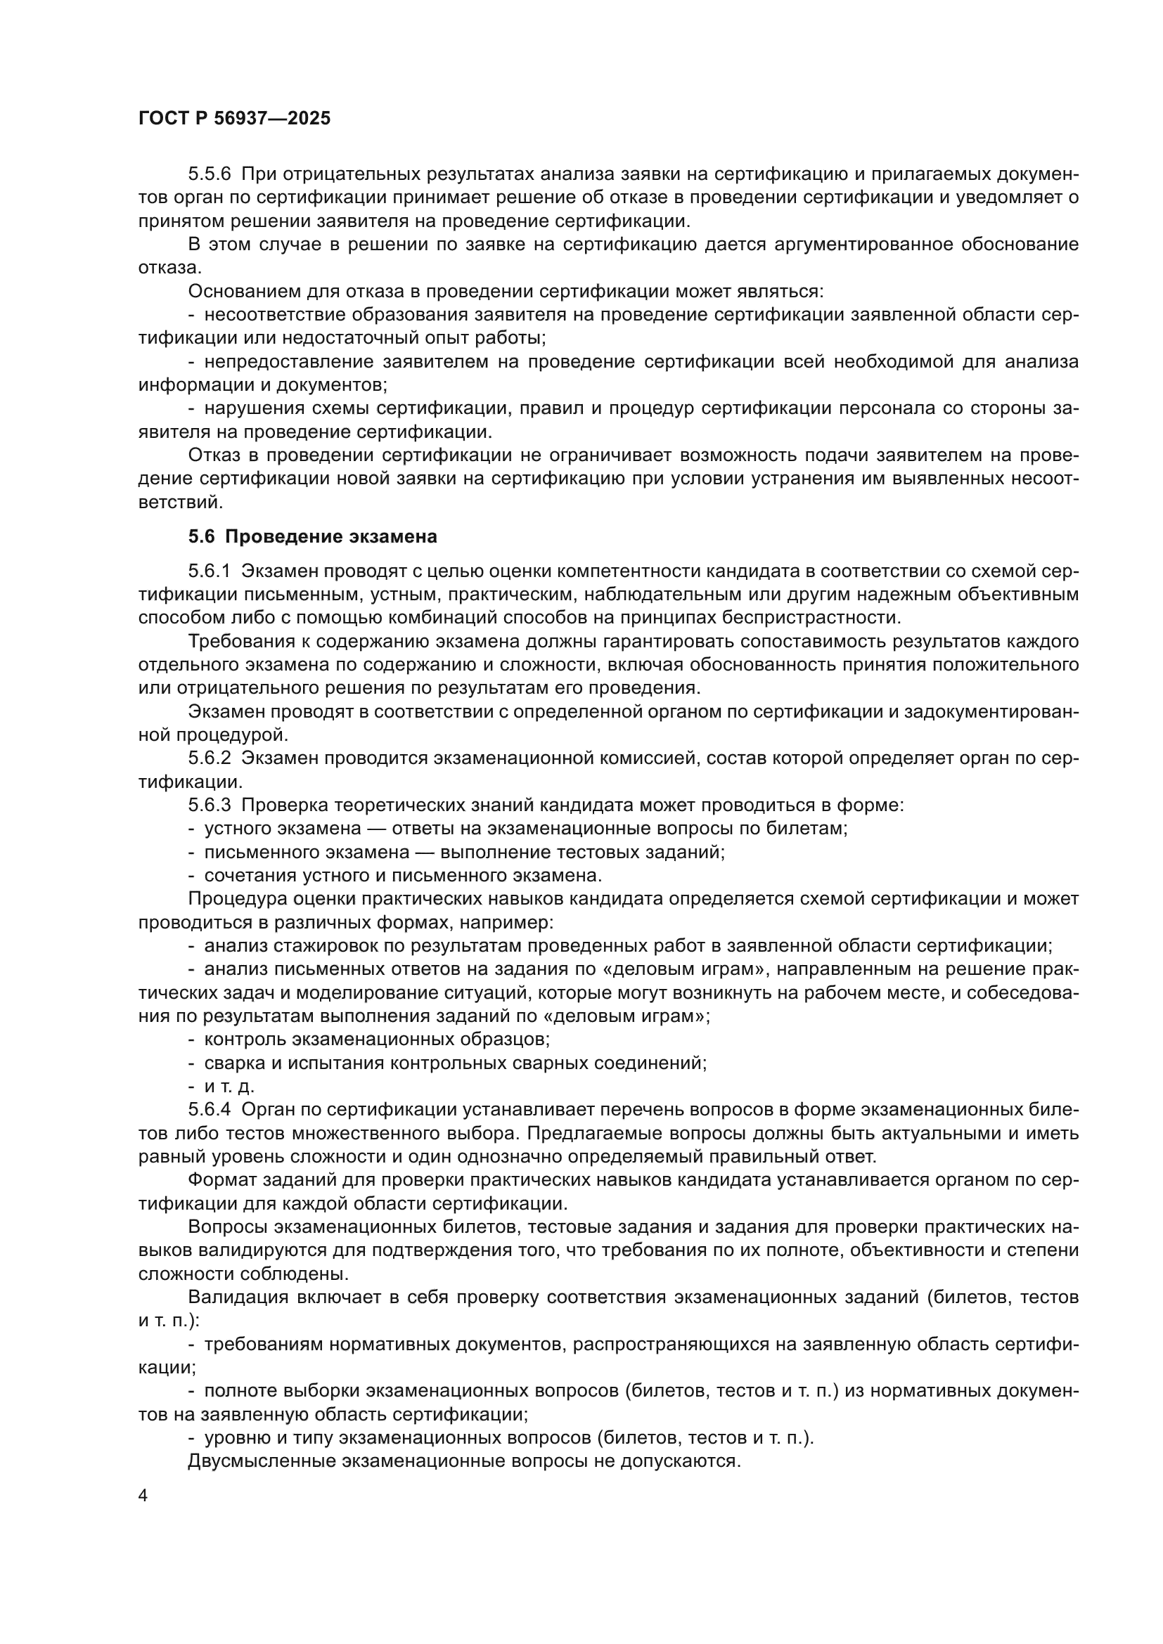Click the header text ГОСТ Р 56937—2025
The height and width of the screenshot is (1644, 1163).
(234, 119)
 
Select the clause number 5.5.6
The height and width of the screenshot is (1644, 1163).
(210, 174)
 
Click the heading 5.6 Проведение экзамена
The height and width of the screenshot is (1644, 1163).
(312, 536)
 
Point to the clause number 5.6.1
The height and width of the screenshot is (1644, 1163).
(210, 571)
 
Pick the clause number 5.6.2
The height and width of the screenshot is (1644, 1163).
(210, 758)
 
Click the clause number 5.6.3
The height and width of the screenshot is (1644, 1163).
(210, 805)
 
